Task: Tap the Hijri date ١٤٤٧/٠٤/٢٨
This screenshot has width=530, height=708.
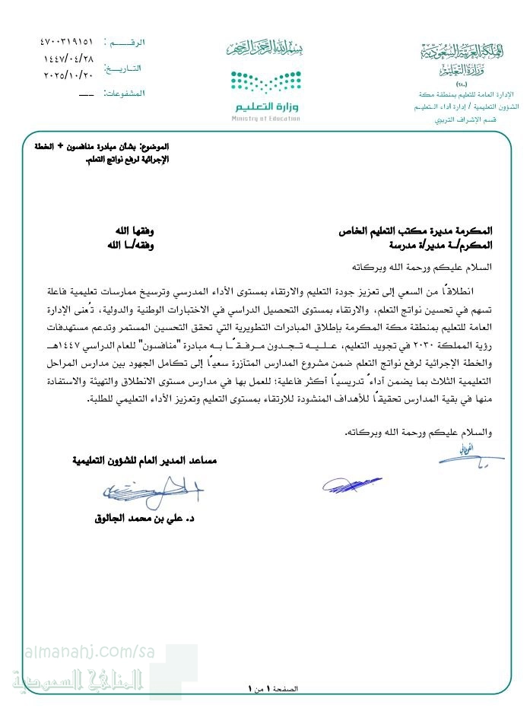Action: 71,59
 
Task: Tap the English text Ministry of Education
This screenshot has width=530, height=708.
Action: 266,119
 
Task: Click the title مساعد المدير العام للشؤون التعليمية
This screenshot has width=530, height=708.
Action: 147,461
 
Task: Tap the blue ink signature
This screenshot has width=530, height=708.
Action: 350,484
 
